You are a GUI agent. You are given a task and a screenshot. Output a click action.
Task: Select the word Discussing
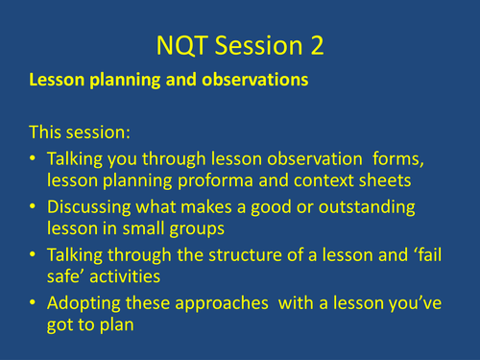pos(95,207)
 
